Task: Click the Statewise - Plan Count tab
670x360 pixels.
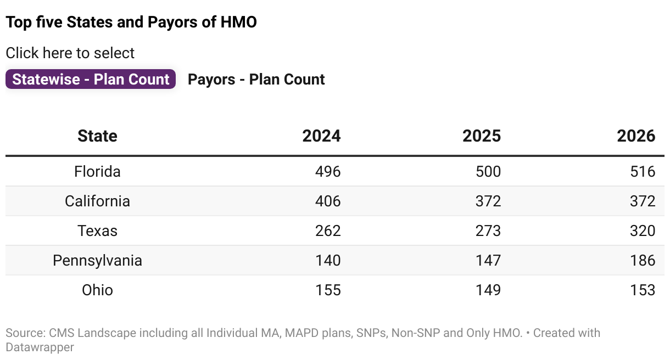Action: (x=91, y=80)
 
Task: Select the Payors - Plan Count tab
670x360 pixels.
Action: (x=256, y=80)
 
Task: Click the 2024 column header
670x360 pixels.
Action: (x=321, y=136)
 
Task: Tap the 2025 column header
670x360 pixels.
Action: (x=482, y=136)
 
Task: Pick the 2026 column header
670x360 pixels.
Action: (x=636, y=136)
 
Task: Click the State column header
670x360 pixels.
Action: (x=97, y=136)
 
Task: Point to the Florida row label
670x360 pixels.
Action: (x=97, y=172)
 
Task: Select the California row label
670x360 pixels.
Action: (x=97, y=201)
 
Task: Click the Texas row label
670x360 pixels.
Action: (x=97, y=231)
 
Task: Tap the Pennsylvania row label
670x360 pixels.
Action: (x=97, y=261)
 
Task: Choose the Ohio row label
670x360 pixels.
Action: (x=97, y=290)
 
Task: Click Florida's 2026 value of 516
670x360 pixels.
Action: (x=643, y=172)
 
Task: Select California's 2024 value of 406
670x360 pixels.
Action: (x=328, y=201)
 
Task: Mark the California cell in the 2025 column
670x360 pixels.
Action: (x=488, y=201)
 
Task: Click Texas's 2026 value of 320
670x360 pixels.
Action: (x=643, y=231)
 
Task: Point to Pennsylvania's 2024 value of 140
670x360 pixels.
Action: (x=328, y=261)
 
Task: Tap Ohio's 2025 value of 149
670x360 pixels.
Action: (x=488, y=290)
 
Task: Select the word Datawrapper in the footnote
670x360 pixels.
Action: (x=40, y=347)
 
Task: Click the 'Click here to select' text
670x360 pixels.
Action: (x=70, y=53)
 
